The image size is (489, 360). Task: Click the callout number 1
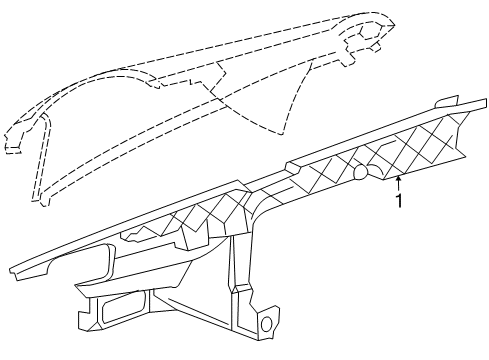pos(400,201)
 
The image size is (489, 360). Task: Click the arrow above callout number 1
pos(399,182)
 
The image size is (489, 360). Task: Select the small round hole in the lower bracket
pos(267,323)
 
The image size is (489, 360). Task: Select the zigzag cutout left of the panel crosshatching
pos(141,234)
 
